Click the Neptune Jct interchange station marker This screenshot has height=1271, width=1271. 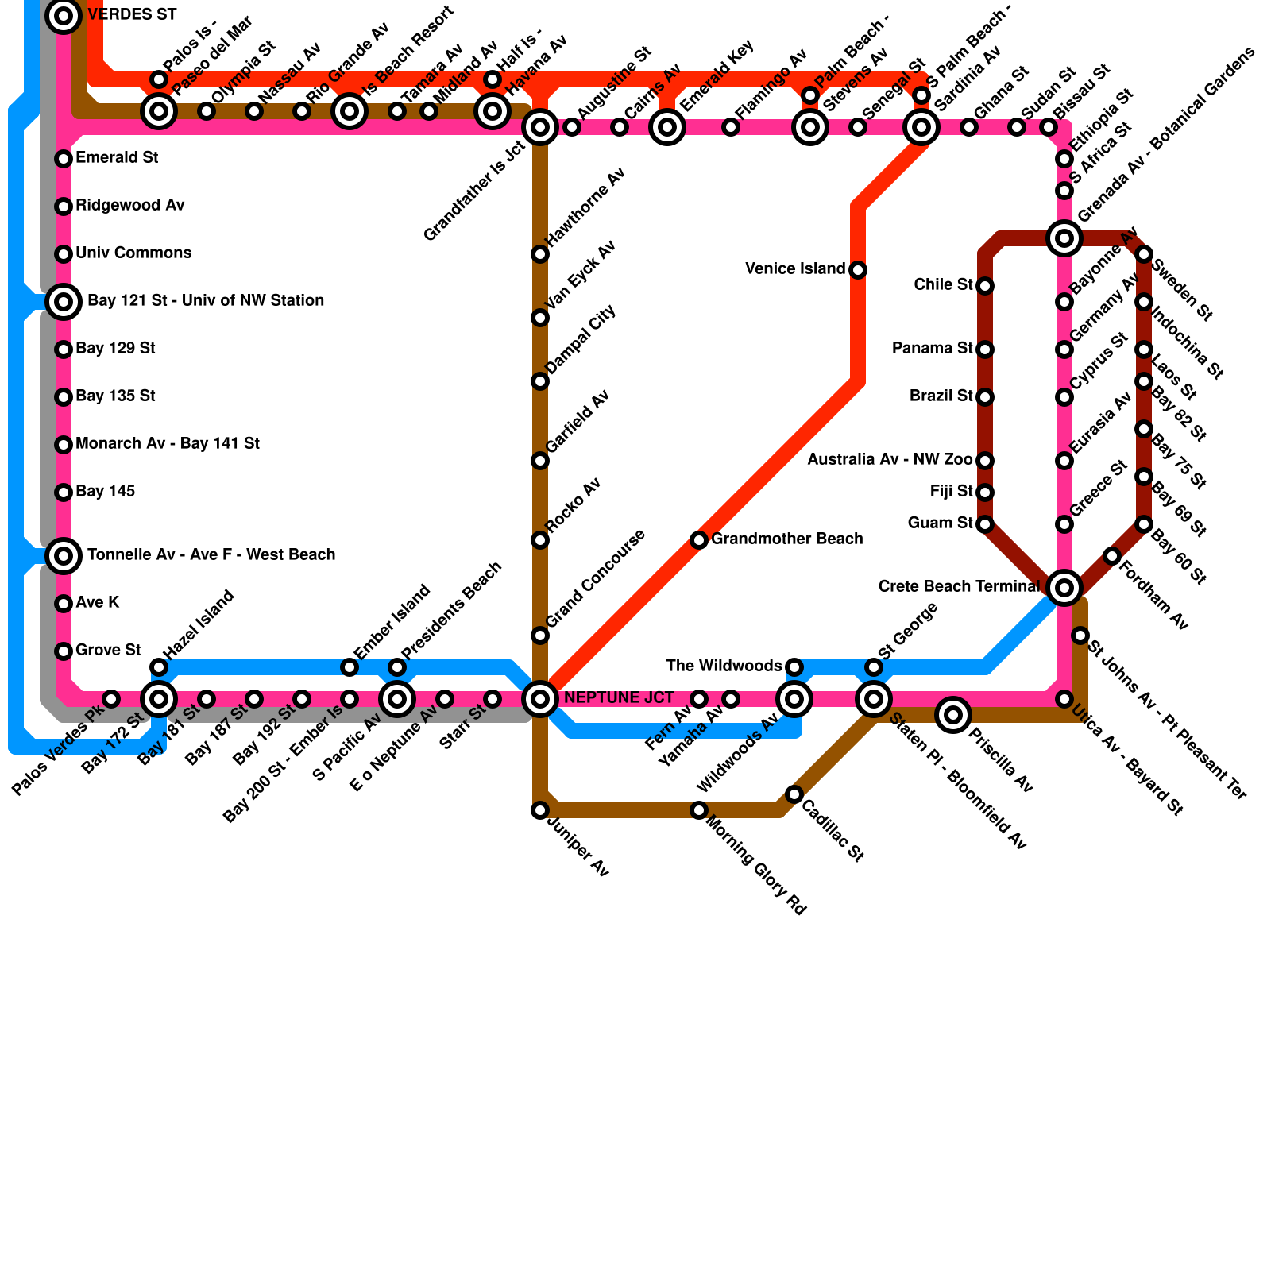(540, 699)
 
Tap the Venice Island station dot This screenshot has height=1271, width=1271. (858, 270)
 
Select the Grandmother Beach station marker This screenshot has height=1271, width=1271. (699, 540)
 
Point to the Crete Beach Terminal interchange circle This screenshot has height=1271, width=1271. (1064, 588)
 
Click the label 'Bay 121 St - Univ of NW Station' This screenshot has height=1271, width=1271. (205, 301)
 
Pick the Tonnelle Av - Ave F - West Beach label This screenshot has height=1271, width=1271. (211, 555)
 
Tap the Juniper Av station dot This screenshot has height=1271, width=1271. (540, 810)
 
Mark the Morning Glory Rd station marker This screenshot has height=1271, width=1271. (699, 810)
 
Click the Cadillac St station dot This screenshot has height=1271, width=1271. (794, 794)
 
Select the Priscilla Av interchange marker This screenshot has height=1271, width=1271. (953, 715)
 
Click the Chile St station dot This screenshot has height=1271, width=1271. (985, 286)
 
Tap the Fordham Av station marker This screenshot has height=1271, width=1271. (1112, 556)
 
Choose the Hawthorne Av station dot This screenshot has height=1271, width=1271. (540, 254)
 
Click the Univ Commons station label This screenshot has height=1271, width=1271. (133, 253)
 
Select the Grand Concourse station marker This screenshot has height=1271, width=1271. (540, 635)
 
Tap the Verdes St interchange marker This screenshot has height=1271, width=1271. (64, 14)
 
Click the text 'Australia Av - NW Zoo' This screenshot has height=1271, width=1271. (890, 460)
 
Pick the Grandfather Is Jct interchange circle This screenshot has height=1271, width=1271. (540, 127)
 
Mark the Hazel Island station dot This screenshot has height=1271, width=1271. (159, 667)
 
